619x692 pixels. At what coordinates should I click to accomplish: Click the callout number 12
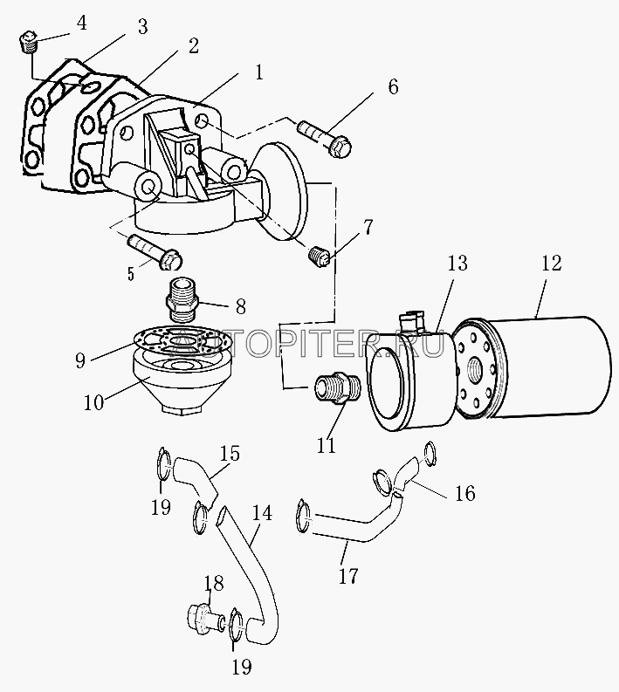[x=551, y=263]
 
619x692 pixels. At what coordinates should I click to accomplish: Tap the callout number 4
[x=81, y=22]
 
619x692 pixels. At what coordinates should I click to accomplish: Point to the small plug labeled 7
[x=321, y=256]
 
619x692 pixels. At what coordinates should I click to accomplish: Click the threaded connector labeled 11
[x=333, y=387]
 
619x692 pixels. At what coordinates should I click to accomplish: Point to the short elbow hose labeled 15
[x=191, y=476]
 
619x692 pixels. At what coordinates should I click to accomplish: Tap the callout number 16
[x=464, y=493]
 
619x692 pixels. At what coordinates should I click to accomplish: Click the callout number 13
[x=457, y=263]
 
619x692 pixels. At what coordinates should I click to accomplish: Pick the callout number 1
[x=258, y=73]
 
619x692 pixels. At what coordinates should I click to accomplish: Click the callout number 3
[x=142, y=27]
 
